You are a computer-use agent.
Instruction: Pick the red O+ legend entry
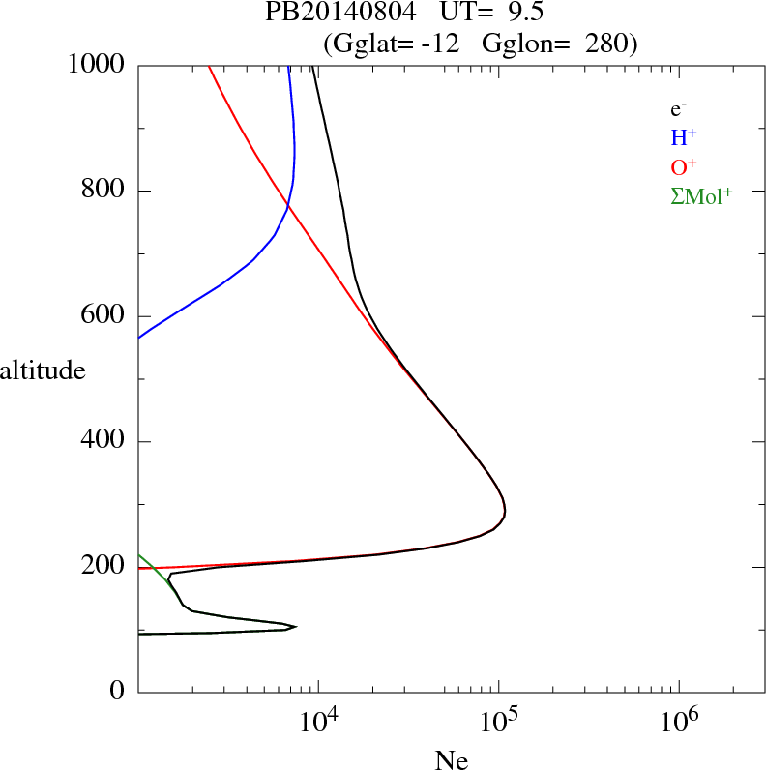click(685, 167)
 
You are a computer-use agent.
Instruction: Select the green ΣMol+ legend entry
click(701, 196)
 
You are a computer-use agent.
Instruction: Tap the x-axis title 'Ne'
click(451, 759)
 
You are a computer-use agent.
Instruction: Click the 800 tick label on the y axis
click(103, 191)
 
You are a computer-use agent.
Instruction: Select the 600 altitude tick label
click(103, 316)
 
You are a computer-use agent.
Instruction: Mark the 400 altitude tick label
click(103, 441)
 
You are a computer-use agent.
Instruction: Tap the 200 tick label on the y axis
click(103, 566)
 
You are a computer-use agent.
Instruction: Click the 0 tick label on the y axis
click(118, 691)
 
